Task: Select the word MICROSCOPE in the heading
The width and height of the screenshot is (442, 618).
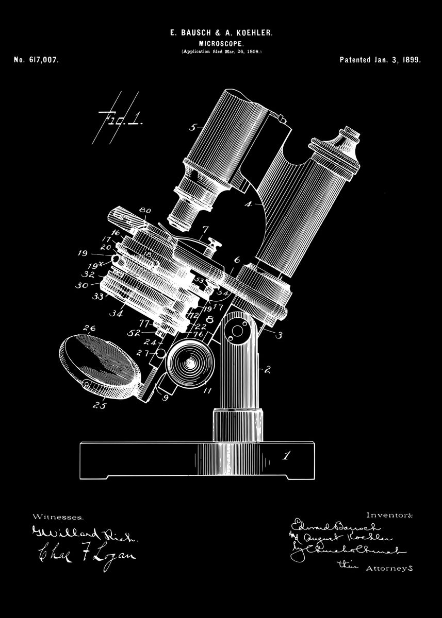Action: [x=221, y=44]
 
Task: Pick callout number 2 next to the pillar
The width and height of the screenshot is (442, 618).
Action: [x=268, y=369]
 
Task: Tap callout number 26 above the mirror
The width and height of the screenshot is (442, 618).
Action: [x=89, y=328]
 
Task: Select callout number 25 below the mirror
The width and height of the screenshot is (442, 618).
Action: [x=100, y=405]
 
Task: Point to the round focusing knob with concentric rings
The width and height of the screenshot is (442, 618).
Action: [x=189, y=363]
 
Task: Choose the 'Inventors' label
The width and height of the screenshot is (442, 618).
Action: [x=389, y=514]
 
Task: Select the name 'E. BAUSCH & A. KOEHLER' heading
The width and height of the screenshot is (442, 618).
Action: [x=221, y=33]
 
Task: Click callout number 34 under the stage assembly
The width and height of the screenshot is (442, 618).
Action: [x=117, y=312]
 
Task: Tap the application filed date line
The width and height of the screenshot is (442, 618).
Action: [x=221, y=52]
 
